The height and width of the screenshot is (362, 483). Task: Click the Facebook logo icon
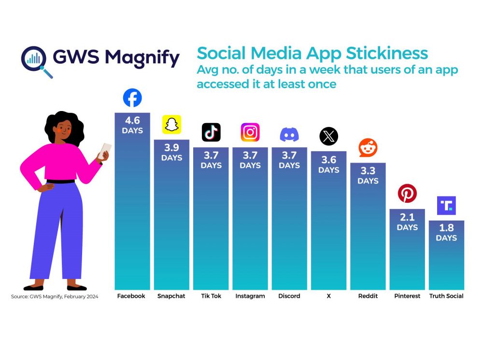pyautogui.click(x=132, y=98)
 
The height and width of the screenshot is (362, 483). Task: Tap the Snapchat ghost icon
pyautogui.click(x=171, y=125)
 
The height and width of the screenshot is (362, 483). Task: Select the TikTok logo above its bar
pyautogui.click(x=211, y=132)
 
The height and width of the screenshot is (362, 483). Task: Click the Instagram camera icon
pyautogui.click(x=250, y=132)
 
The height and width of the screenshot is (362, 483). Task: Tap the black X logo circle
pyautogui.click(x=328, y=137)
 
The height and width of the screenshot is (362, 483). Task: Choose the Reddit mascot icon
pyautogui.click(x=368, y=148)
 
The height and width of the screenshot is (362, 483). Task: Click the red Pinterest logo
pyautogui.click(x=407, y=194)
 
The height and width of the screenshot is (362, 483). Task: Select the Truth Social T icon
pyautogui.click(x=446, y=206)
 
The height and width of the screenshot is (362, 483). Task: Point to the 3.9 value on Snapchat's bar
pyautogui.click(x=171, y=148)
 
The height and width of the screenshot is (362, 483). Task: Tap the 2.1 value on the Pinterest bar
pyautogui.click(x=407, y=218)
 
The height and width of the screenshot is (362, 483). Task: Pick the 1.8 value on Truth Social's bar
pyautogui.click(x=446, y=229)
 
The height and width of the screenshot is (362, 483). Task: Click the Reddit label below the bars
pyautogui.click(x=368, y=296)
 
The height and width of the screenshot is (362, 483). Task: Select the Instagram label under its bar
pyautogui.click(x=250, y=296)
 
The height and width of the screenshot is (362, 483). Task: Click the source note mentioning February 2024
pyautogui.click(x=55, y=296)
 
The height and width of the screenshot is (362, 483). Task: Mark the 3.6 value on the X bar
pyautogui.click(x=328, y=160)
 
